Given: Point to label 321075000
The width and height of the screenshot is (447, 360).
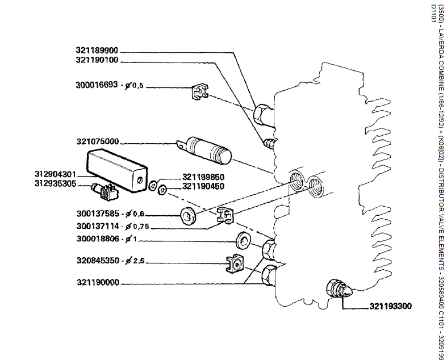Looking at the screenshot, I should point(97,141).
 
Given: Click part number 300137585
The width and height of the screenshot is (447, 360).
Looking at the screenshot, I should point(97,214).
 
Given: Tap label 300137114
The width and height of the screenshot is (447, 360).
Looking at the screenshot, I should point(97,226).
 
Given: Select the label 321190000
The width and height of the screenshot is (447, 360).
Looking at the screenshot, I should point(97,282).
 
